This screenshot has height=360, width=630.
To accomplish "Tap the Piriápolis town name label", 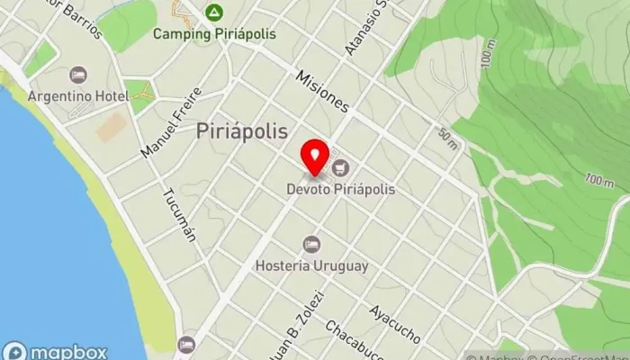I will [x=242, y=131].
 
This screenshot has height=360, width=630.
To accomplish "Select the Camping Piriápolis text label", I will [x=212, y=34].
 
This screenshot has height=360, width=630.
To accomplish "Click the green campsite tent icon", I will [x=213, y=13].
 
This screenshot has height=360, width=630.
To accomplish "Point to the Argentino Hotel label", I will [x=77, y=95].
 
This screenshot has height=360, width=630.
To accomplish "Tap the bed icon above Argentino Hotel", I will [x=78, y=75].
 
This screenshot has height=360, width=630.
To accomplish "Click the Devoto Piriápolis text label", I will [x=341, y=190].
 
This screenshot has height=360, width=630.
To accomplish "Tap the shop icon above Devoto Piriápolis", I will [x=340, y=167].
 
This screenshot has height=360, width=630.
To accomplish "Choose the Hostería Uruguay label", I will [x=311, y=266].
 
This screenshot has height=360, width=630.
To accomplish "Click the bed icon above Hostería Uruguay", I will [x=311, y=244].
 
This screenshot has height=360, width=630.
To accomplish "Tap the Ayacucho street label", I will [x=394, y=324].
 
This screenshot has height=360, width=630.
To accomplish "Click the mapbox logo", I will [x=55, y=351].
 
